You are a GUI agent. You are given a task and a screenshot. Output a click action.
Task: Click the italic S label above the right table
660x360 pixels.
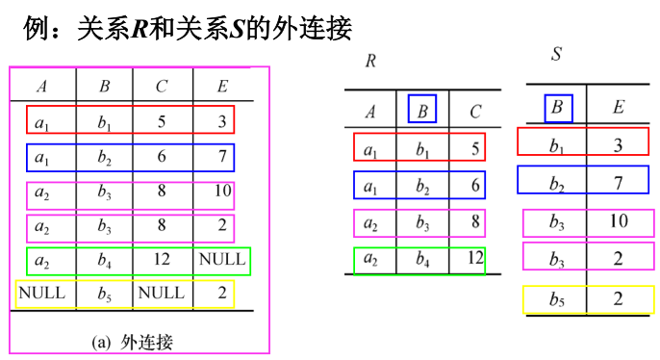(x=557, y=54)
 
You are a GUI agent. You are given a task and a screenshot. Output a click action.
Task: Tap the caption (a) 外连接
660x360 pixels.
(x=136, y=341)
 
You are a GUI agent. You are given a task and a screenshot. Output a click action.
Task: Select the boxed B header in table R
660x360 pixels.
(x=422, y=111)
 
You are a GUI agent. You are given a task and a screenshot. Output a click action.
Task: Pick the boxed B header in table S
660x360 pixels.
(x=558, y=108)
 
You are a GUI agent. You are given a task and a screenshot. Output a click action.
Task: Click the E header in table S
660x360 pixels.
(x=618, y=108)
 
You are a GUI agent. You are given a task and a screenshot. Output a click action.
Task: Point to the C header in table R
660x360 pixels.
(x=474, y=112)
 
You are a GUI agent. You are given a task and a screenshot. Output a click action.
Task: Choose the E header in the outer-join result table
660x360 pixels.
(x=222, y=87)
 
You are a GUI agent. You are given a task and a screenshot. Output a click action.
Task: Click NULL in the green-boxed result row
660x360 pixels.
(x=222, y=260)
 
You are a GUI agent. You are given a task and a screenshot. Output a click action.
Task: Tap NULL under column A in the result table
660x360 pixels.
(x=41, y=293)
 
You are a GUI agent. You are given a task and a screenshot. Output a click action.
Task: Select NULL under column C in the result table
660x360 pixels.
(x=161, y=293)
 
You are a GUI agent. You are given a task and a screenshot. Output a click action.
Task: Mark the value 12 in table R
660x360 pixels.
(x=473, y=258)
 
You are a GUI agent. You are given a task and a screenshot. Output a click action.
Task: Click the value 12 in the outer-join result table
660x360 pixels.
(x=161, y=260)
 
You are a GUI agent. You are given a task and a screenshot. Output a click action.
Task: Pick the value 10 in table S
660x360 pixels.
(x=618, y=221)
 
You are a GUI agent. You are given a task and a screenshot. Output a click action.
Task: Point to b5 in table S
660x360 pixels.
(x=558, y=299)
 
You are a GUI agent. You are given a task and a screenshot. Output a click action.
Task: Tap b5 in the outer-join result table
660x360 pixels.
(x=104, y=294)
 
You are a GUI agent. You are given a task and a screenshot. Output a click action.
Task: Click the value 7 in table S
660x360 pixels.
(x=618, y=181)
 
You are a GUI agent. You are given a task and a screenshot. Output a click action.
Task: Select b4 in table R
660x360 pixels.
(x=422, y=259)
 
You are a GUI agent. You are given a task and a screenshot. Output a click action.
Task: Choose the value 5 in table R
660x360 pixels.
(x=475, y=148)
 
